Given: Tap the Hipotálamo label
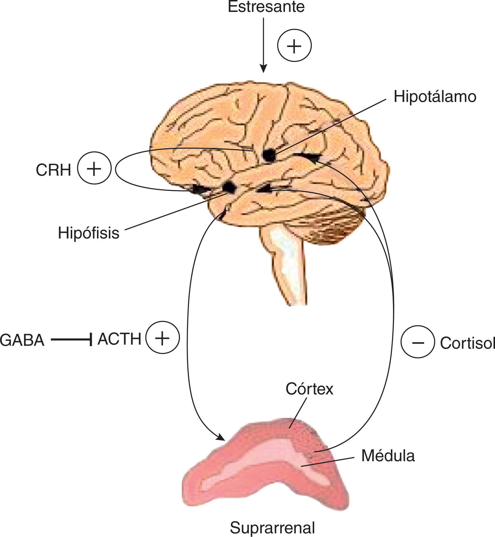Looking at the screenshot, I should click(435, 97).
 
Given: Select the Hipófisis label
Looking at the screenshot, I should click(89, 233).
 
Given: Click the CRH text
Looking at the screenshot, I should click(54, 170).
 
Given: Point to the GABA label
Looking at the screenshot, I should click(22, 340).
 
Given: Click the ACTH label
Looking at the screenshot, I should click(119, 339).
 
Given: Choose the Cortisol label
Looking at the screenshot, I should click(467, 343).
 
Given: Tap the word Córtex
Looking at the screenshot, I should click(309, 389).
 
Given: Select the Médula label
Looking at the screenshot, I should click(388, 456).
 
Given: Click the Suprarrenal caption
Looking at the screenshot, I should click(272, 528).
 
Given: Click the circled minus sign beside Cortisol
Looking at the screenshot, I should click(417, 342).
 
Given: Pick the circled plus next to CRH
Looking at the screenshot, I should click(94, 168).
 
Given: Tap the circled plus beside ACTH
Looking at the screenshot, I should click(163, 338).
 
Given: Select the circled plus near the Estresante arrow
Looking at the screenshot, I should click(294, 46).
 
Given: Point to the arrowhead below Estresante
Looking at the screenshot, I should click(263, 69).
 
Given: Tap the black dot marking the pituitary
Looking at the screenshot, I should click(229, 187).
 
